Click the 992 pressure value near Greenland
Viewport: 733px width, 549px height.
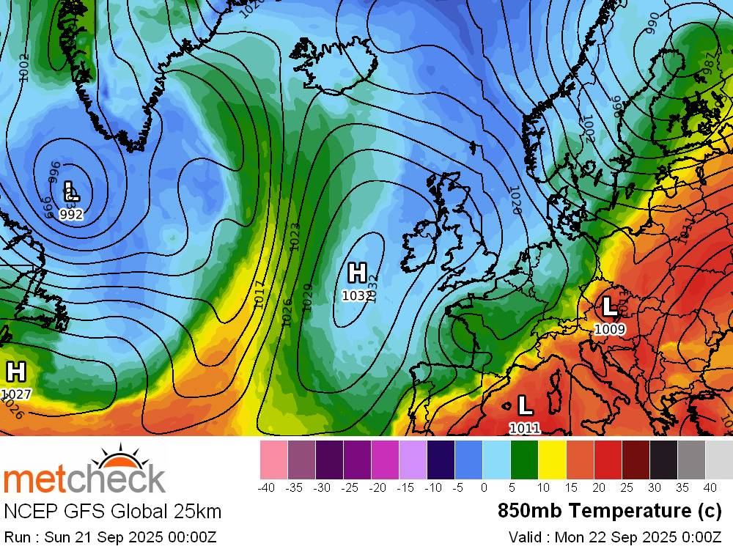[71, 215]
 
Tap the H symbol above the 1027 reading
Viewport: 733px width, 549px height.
[15, 372]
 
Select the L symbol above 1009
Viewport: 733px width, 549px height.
[608, 306]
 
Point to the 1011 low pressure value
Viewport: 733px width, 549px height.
[525, 428]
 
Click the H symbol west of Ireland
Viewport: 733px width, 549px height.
[357, 273]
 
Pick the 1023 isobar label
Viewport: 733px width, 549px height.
[295, 237]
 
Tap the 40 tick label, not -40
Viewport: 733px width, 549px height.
[710, 487]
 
